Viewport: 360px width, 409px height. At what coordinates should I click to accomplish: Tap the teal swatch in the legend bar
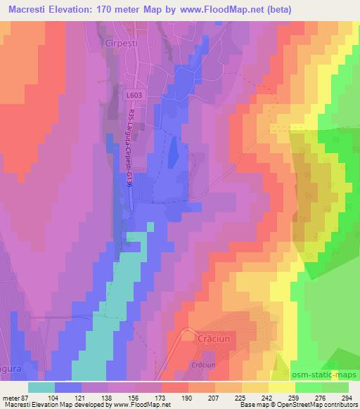point(41,387)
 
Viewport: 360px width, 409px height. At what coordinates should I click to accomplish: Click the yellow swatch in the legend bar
point(282,387)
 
